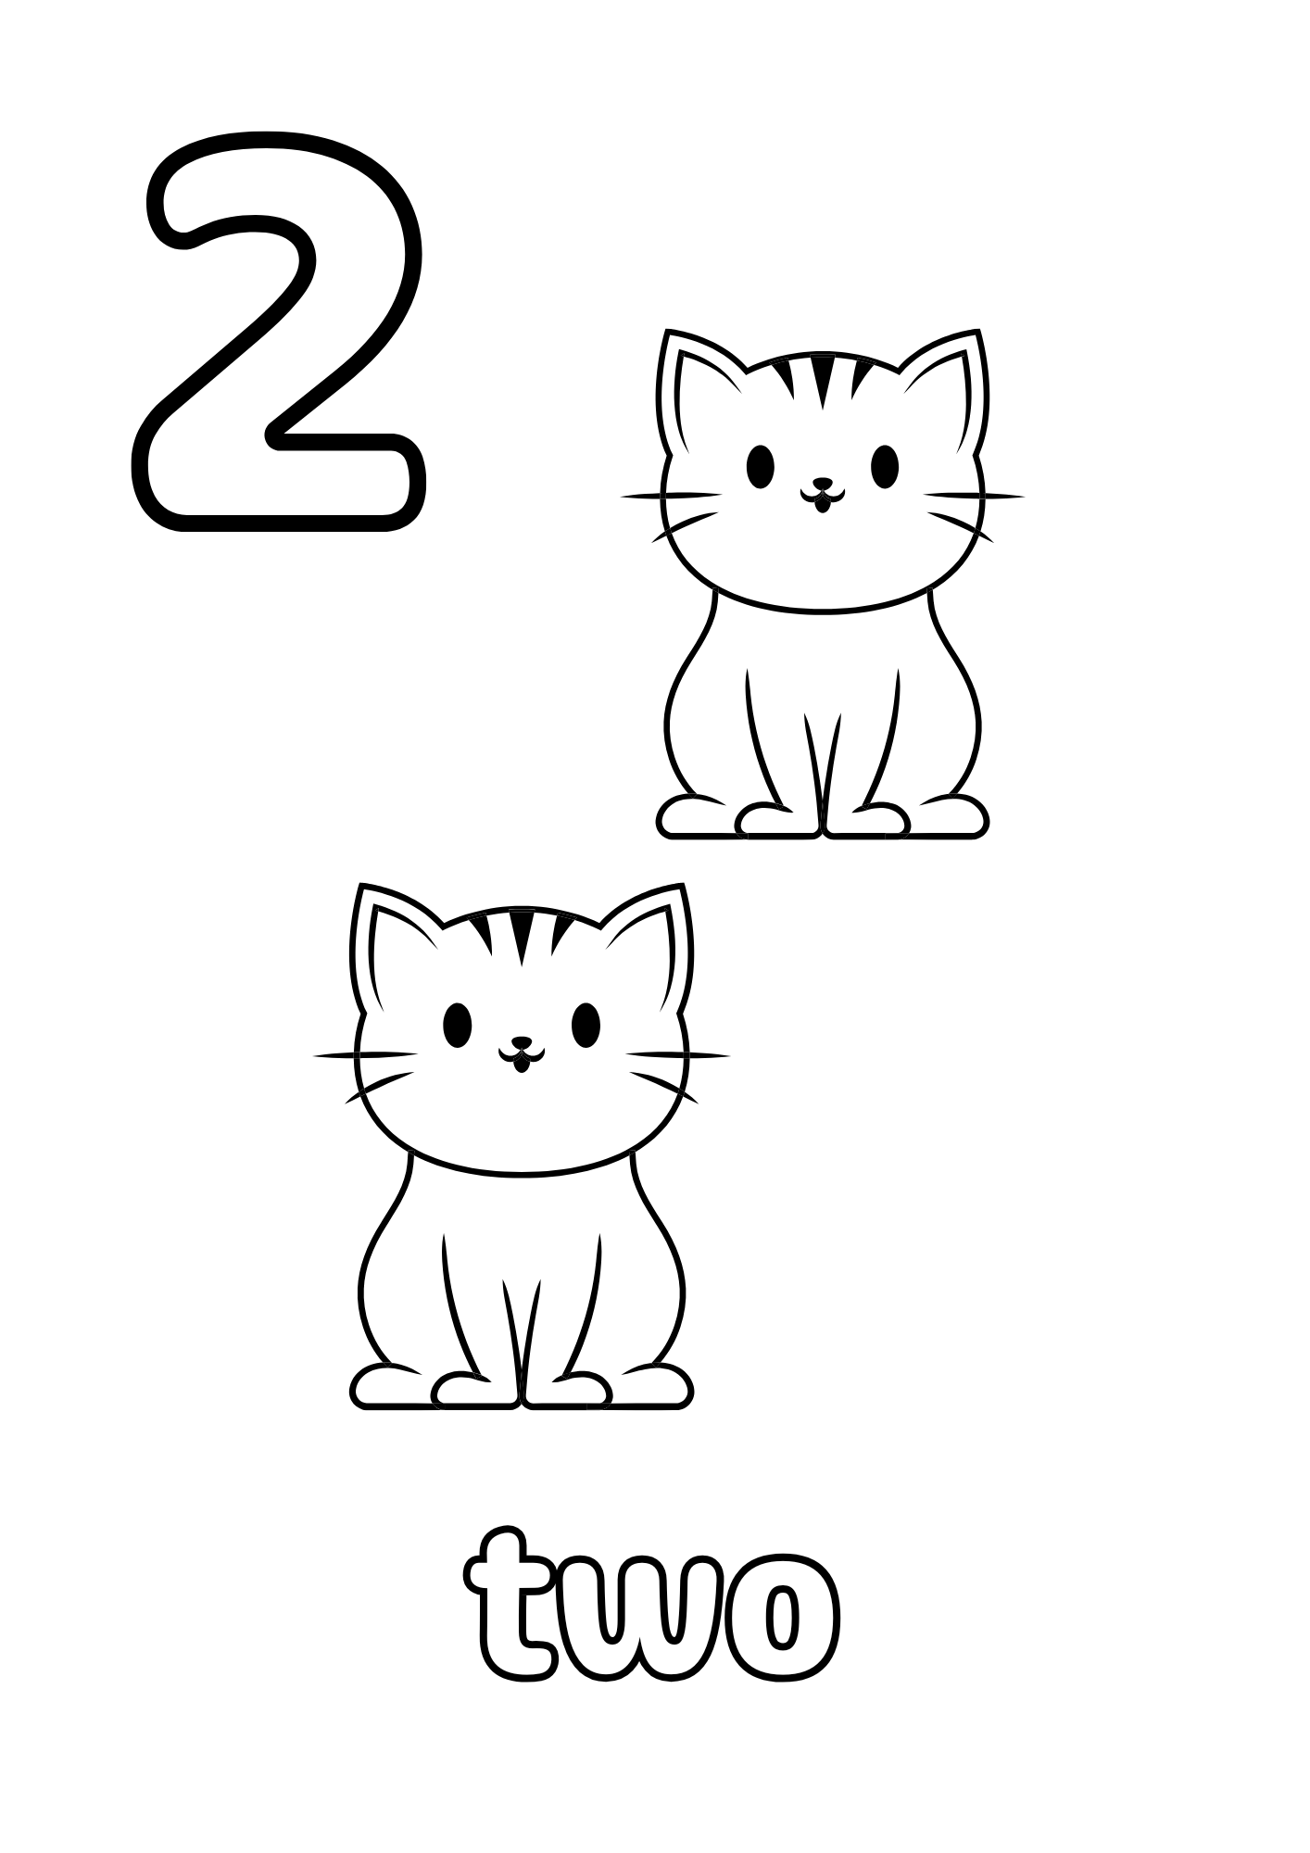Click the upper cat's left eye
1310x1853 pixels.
(761, 465)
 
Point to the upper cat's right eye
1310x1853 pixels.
(885, 465)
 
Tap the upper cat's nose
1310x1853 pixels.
(821, 484)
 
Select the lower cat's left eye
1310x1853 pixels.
(457, 1024)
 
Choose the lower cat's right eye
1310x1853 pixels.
(586, 1024)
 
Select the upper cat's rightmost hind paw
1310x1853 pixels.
(950, 817)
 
